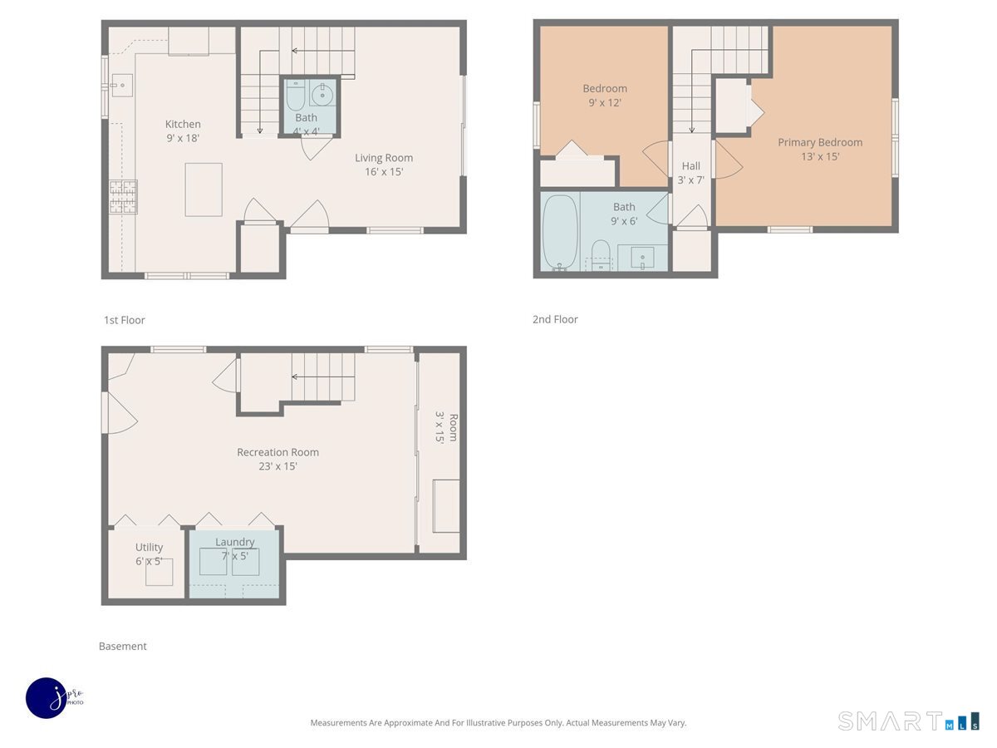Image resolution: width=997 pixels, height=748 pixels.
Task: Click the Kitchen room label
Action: (183, 130)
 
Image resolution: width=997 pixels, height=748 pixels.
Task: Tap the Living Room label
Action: (384, 165)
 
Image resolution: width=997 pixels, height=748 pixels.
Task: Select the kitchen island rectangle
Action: (204, 189)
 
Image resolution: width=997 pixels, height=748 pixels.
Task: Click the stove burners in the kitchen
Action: (123, 197)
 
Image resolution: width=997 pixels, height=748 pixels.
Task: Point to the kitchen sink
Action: (122, 86)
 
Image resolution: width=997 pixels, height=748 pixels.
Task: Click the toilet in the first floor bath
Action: (296, 96)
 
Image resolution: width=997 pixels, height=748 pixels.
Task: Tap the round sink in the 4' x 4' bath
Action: (322, 95)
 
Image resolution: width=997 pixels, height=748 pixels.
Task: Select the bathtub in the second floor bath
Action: (561, 233)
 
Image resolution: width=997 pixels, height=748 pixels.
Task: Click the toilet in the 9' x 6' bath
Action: (601, 255)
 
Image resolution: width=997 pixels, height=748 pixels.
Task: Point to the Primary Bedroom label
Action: (820, 150)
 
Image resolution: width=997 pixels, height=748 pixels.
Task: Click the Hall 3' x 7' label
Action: (691, 173)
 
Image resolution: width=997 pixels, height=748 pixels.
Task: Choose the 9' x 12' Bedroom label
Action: (605, 96)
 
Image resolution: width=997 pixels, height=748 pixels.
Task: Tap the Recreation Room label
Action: (278, 459)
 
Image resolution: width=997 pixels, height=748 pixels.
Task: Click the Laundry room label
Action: (235, 549)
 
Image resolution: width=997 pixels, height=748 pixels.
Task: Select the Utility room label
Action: (149, 554)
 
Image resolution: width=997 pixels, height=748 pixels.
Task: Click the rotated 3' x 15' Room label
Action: (446, 427)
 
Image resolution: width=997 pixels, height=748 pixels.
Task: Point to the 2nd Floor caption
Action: (555, 319)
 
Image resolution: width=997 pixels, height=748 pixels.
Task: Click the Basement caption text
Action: (123, 646)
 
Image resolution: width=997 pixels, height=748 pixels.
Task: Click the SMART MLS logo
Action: (908, 721)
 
